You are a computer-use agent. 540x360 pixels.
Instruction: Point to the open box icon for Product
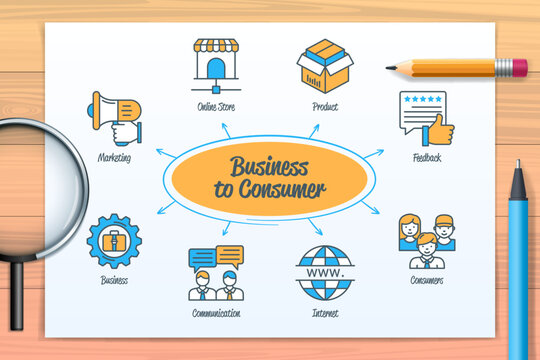[x=326, y=65]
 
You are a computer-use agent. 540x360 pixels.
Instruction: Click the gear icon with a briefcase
[x=114, y=240]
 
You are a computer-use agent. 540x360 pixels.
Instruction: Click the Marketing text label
[x=114, y=157]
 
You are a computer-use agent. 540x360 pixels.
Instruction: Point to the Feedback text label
[x=427, y=158]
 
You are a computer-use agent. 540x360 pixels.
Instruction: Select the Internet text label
[x=324, y=313]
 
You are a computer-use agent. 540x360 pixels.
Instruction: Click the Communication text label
[x=216, y=313]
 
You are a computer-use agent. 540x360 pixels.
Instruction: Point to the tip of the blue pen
[x=517, y=164]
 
